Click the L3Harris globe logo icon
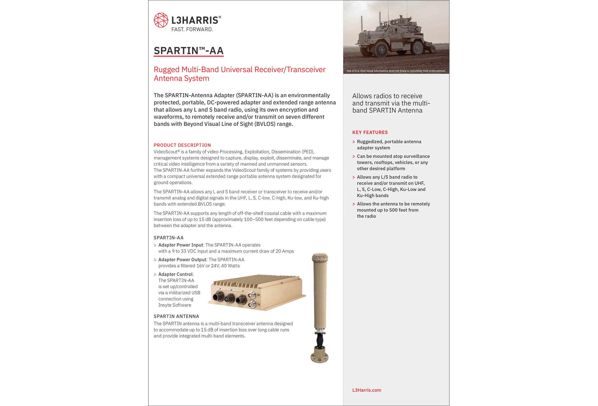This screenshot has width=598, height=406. pyautogui.click(x=161, y=20)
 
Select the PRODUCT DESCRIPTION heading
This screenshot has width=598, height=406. pyautogui.click(x=182, y=145)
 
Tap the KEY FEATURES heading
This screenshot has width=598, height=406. pyautogui.click(x=370, y=132)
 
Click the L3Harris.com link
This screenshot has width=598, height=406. pyautogui.click(x=366, y=390)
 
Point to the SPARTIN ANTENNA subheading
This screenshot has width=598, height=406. pyautogui.click(x=176, y=316)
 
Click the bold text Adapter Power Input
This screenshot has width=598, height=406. pyautogui.click(x=181, y=245)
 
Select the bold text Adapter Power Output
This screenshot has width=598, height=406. pyautogui.click(x=182, y=260)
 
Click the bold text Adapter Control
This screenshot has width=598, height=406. pyautogui.click(x=176, y=274)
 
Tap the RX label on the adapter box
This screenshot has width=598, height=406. pyautogui.click(x=259, y=295)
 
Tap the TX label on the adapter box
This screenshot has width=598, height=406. pyautogui.click(x=259, y=304)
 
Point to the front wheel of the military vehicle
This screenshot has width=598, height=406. pyautogui.click(x=381, y=49)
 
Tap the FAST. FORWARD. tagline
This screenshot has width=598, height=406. pyautogui.click(x=192, y=30)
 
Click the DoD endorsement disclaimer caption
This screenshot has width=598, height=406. pyautogui.click(x=396, y=71)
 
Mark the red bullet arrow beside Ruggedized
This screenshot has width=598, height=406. pyautogui.click(x=354, y=142)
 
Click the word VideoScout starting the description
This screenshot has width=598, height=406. pyautogui.click(x=165, y=152)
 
